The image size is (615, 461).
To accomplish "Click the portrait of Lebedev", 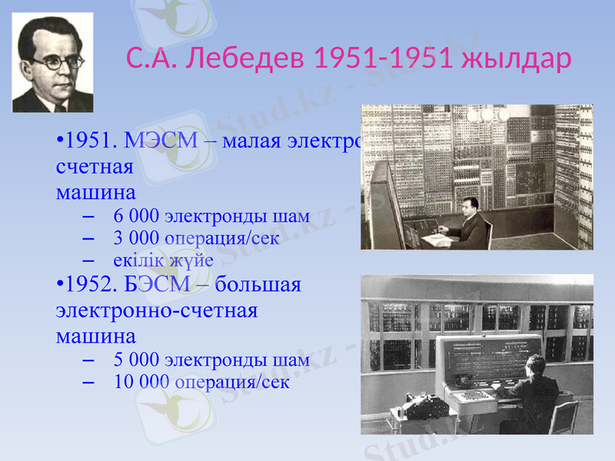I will (x=52, y=65).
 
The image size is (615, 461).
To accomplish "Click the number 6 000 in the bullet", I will (x=136, y=215).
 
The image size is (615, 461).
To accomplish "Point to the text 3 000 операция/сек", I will (x=195, y=237).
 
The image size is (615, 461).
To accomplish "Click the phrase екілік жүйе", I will (x=163, y=260).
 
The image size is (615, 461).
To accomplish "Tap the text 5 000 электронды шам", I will (x=211, y=359).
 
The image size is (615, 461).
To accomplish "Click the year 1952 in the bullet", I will (x=89, y=286).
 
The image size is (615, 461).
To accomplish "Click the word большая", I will (x=258, y=286).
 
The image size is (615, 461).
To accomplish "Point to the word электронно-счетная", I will (x=156, y=311).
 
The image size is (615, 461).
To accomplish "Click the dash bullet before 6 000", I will (x=86, y=216).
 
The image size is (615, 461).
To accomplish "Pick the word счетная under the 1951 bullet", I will (x=95, y=166).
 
